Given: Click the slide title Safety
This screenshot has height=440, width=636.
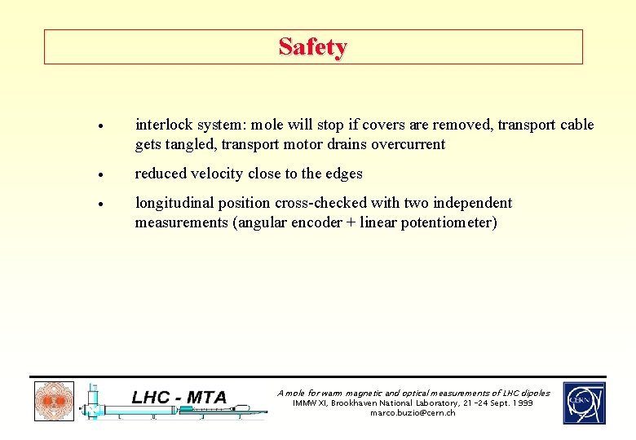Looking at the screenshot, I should pos(312,47).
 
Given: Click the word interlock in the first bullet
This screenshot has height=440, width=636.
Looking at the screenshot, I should pos(162,125).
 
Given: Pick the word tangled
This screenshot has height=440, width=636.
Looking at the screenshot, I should pos(188,144).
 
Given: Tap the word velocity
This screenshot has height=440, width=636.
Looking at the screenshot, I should pos(218,174).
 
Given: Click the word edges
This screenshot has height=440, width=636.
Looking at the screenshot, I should pos(342,174).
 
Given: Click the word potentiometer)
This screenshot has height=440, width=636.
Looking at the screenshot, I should pos(448,222).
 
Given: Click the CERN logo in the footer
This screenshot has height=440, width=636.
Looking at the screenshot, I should pos(584,403).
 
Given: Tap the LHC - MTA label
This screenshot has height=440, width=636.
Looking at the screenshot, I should pos(180,398).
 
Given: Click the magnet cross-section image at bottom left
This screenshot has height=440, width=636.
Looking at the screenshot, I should pos(54,402).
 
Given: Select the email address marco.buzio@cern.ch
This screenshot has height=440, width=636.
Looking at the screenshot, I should pos(413,413).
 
